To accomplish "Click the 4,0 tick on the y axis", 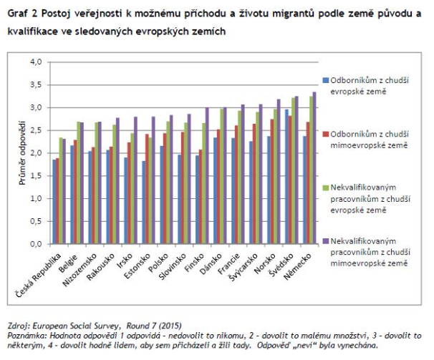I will [36, 62].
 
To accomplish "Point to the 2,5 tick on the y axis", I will [36, 130].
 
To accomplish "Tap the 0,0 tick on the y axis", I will [36, 244].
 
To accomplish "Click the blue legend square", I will [324, 80].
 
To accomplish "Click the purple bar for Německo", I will [314, 168].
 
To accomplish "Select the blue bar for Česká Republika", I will [54, 202].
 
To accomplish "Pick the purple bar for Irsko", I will [135, 180].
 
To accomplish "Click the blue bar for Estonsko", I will [143, 203].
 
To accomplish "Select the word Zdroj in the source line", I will [16, 325].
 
